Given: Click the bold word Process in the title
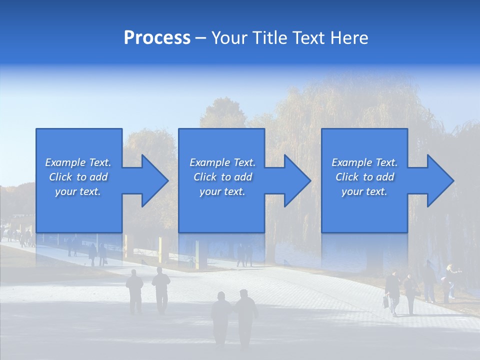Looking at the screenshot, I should point(157,38).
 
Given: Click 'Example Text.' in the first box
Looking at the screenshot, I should point(78,162).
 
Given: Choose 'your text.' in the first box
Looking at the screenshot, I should point(78,191).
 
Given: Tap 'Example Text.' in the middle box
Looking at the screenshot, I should point(222,162).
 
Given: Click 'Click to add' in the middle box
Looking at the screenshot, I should point(222,177).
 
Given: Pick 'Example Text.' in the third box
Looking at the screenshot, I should point(364,162).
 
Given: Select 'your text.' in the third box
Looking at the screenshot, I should point(364,191).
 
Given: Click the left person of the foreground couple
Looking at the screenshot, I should point(220,317).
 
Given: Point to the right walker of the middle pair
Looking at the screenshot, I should point(161,289).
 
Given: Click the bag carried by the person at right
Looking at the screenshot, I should point(386,301).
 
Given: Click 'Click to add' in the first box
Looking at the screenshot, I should point(78,177).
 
